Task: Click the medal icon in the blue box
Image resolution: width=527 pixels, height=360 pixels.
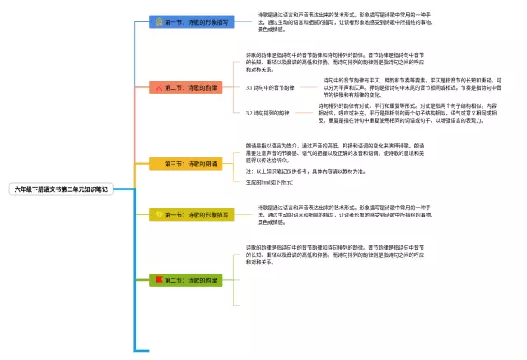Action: [x=158, y=21]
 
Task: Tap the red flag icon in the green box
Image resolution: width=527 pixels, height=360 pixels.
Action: [x=159, y=280]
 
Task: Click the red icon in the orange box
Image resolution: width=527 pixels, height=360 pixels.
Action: [x=158, y=86]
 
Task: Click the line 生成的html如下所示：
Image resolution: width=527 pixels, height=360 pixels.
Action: [x=270, y=181]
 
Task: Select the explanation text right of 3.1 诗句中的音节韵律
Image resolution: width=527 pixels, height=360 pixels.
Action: [x=412, y=87]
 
